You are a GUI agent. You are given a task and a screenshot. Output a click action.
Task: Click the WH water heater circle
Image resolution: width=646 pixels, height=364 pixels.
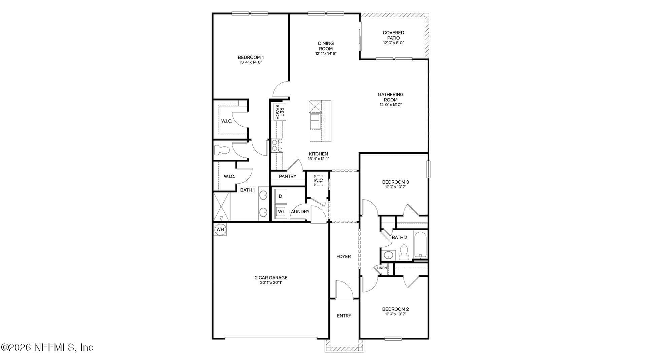(220, 230)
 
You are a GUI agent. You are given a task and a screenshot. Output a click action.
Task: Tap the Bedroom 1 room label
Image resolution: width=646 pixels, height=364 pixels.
(251, 57)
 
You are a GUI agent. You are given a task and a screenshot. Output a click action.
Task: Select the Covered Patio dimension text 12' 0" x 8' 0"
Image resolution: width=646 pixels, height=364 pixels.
(393, 43)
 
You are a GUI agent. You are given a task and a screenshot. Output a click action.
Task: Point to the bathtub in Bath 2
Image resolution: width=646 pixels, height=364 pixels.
(420, 245)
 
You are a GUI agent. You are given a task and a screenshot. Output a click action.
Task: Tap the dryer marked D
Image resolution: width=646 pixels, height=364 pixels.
(281, 196)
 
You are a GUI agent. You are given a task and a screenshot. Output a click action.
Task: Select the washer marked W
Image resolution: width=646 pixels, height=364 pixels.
(280, 212)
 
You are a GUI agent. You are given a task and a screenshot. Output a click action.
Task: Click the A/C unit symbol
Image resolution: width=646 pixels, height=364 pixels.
(319, 180)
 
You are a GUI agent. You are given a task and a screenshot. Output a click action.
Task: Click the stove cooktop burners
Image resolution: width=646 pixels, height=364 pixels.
(277, 145)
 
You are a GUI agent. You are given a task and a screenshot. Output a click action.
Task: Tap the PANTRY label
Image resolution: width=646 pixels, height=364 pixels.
(288, 176)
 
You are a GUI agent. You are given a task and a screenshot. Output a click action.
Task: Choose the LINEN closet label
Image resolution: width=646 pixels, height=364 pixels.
(382, 268)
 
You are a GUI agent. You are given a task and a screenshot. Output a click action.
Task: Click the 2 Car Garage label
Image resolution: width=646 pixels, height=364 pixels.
(271, 278)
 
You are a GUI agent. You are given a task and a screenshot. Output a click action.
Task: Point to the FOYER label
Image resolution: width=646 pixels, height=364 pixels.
(344, 256)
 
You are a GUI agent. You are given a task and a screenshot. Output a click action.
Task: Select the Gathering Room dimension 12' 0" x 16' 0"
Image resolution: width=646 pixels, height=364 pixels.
(391, 105)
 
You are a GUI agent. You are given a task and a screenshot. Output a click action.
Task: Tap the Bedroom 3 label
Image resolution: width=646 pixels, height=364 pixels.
(396, 182)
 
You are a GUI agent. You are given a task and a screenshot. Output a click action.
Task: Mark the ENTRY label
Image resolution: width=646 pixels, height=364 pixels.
(344, 316)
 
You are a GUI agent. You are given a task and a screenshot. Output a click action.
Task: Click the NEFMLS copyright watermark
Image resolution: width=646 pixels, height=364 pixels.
(47, 347)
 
